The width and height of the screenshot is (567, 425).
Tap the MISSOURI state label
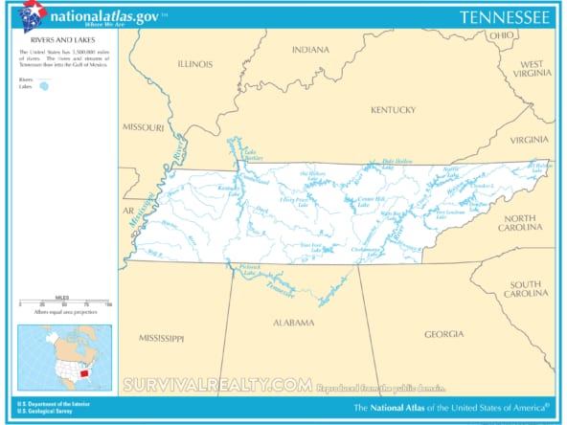tap(143, 126)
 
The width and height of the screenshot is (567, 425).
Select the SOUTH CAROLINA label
tap(525, 290)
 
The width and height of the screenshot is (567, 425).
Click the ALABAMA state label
tap(294, 323)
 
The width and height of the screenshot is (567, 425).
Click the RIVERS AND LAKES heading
tap(43, 41)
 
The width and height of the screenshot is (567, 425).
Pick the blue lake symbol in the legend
tap(43, 86)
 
